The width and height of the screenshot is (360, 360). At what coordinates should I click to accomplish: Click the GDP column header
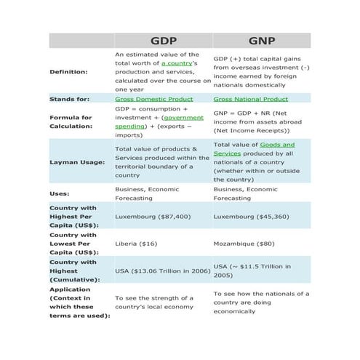coord(163,41)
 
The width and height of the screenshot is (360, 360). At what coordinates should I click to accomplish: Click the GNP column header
coord(262,41)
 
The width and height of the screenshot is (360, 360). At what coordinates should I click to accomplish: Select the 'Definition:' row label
coord(68,72)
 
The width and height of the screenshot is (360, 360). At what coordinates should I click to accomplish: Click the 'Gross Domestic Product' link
coord(154,99)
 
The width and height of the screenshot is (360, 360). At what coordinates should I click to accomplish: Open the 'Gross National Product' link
coord(251,99)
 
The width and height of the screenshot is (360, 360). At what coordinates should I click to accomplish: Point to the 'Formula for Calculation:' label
coord(71,121)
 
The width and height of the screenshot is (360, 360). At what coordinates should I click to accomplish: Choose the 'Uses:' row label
coord(60,193)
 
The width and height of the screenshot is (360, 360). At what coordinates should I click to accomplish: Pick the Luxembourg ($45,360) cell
coord(251,216)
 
